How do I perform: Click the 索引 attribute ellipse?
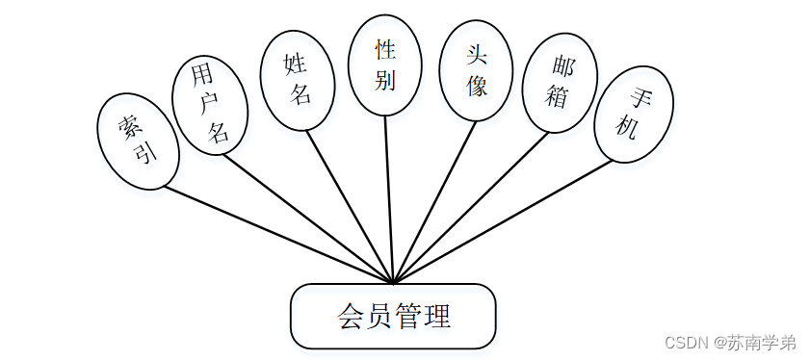click(140, 140)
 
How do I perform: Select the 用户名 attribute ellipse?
click(210, 104)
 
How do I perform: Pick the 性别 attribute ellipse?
click(385, 64)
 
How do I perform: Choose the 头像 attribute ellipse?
click(476, 71)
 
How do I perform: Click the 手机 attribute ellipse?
click(633, 114)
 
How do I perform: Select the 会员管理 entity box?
click(393, 316)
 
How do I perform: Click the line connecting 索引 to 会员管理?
click(279, 235)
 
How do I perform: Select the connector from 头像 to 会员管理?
click(435, 202)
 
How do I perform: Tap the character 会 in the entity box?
click(351, 316)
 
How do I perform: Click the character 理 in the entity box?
click(437, 316)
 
